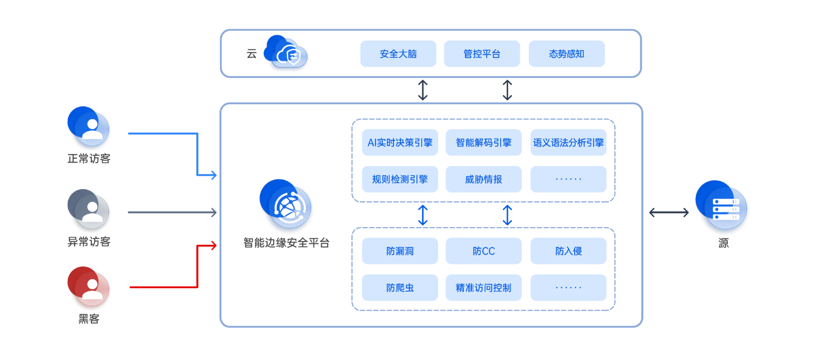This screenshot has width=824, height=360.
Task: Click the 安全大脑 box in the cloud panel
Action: point(398,54)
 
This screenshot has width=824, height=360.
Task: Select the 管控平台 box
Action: point(482,54)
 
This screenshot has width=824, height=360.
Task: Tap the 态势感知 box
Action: point(566,54)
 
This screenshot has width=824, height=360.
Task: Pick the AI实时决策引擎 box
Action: point(400,143)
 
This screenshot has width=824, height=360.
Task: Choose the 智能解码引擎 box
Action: point(483,143)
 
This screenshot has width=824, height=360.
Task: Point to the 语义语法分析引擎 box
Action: point(568,143)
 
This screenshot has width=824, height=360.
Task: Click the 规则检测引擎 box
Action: point(400,179)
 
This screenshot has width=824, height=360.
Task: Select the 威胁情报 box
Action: point(483,179)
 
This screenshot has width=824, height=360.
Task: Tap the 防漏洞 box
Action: point(400,251)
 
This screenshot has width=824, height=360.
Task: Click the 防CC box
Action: point(483,251)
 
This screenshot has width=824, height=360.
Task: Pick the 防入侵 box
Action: point(568,251)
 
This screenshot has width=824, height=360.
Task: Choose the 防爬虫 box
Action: point(400,288)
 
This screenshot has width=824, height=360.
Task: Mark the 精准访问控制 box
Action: point(483,288)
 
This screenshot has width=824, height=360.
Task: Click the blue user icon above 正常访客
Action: point(89,126)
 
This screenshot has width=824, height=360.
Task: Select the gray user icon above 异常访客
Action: point(89,208)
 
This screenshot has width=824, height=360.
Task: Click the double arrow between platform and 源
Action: point(669,212)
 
